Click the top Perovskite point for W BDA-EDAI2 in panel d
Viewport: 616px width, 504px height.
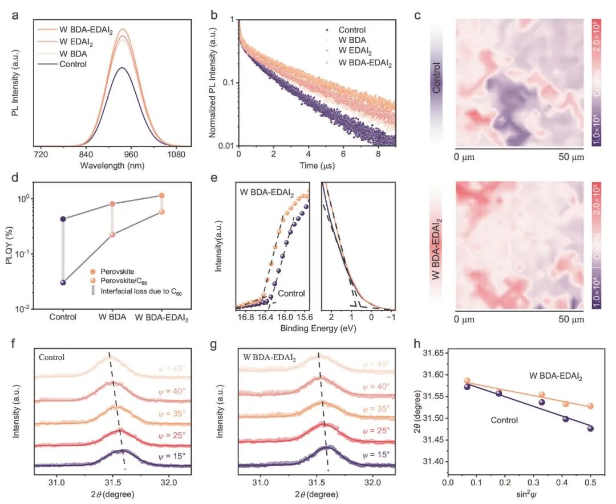[161, 196]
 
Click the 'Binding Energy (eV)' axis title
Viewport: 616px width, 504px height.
[315, 329]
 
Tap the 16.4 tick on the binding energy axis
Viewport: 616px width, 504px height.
[265, 317]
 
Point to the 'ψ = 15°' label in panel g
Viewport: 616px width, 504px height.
[377, 455]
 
